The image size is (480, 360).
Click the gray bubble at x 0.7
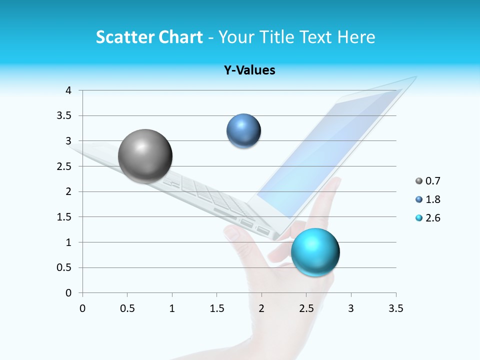click(x=145, y=156)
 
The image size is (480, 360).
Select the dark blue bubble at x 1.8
click(x=243, y=131)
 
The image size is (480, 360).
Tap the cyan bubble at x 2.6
click(x=315, y=251)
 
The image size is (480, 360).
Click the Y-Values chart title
click(x=249, y=70)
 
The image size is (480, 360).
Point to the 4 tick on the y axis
click(x=68, y=90)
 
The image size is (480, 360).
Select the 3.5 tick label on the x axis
click(x=395, y=308)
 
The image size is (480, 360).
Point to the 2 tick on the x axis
click(x=261, y=308)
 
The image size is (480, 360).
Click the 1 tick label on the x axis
click(x=172, y=308)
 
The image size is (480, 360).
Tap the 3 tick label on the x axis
click(x=351, y=308)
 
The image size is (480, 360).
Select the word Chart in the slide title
click(x=180, y=37)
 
